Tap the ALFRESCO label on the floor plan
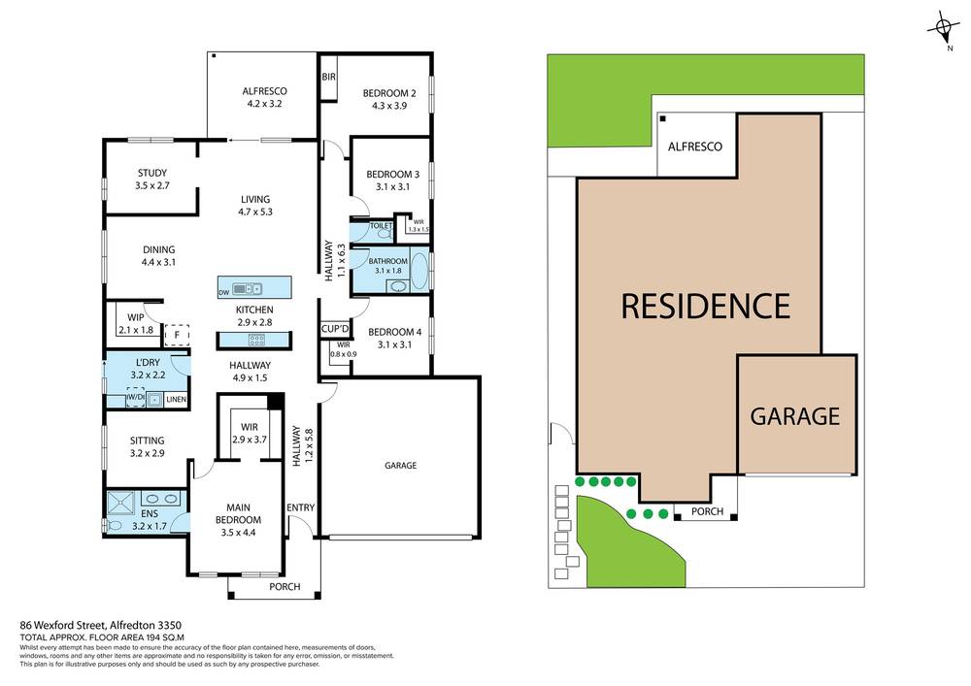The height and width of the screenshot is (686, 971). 263,92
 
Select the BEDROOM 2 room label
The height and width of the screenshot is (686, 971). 389,93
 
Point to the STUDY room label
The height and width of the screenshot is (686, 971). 152,173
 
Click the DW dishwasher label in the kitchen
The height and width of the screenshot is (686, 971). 223,290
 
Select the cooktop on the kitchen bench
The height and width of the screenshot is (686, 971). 258,339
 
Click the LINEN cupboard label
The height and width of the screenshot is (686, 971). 176,400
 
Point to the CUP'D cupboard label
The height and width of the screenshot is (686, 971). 335,330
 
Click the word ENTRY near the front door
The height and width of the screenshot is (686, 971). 301,508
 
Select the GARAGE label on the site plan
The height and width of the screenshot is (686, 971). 794,416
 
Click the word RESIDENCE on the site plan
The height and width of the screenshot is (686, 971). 705,307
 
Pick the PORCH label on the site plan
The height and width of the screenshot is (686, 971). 706,511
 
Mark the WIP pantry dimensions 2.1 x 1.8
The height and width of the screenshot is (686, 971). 136,331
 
